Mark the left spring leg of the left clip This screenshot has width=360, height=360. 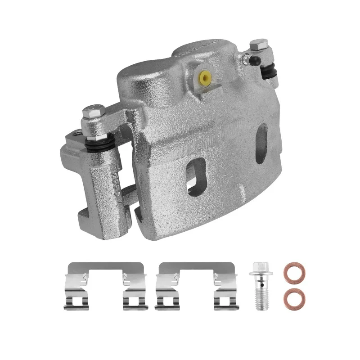73,295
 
